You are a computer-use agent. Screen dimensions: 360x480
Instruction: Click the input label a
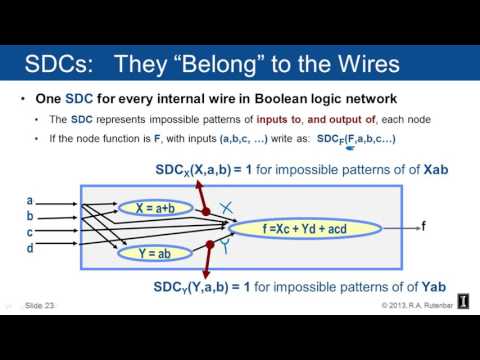point(30,200)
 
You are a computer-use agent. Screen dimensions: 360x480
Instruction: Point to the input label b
point(30,216)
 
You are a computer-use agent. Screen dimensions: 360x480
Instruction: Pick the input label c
point(30,232)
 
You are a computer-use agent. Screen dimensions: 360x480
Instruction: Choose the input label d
point(30,248)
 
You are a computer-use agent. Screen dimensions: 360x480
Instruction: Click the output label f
point(423,227)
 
